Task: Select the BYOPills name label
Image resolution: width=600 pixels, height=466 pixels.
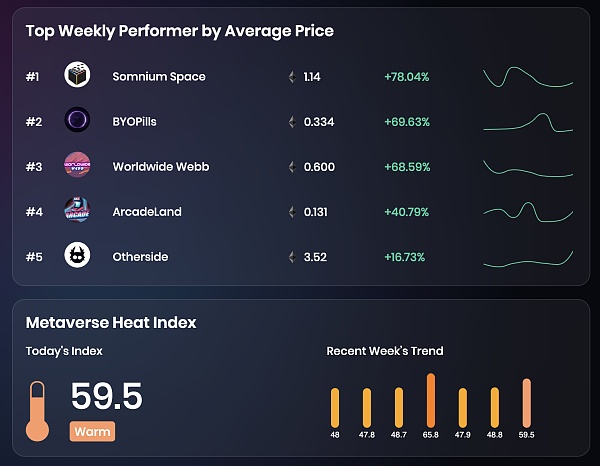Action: tap(134, 122)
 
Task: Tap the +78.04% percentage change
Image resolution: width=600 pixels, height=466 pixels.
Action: tap(406, 77)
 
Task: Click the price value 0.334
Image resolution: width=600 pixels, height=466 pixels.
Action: tap(319, 122)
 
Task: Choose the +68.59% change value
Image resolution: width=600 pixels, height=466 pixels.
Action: tap(406, 167)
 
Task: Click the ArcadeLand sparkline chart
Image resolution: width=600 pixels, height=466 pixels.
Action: tap(527, 211)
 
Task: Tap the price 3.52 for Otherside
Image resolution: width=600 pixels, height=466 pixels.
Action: tap(315, 257)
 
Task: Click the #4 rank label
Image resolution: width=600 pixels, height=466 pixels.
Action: tap(34, 212)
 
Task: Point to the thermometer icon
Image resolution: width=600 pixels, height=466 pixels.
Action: tap(37, 410)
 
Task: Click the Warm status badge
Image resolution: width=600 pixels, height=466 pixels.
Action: tap(91, 432)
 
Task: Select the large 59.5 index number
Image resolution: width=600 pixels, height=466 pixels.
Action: tap(107, 396)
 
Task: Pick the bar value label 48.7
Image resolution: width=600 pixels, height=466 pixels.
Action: tap(399, 435)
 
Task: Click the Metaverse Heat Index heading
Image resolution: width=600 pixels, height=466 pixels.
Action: tap(111, 322)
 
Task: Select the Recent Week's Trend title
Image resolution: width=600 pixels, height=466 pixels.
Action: tap(385, 351)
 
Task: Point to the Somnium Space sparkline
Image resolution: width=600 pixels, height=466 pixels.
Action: tap(527, 77)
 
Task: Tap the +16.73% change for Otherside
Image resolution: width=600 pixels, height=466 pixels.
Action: tap(405, 257)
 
